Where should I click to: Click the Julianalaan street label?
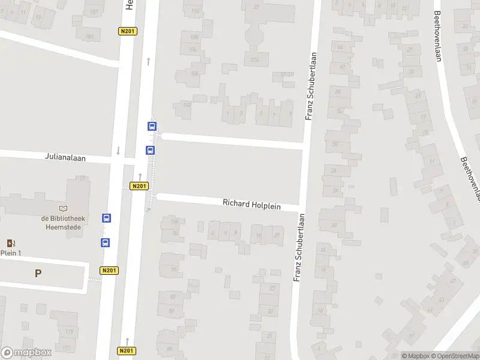[x=65, y=158]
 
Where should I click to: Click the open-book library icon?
[x=64, y=208]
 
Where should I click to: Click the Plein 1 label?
[x=11, y=253]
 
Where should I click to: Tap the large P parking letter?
[x=38, y=273]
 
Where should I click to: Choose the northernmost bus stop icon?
[x=152, y=127]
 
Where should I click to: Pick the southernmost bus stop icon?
[x=106, y=243]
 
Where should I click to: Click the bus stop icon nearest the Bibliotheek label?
[x=106, y=218]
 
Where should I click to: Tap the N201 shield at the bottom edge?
[x=125, y=351]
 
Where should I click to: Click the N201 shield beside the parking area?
[x=109, y=271]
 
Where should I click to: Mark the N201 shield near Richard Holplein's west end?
[x=139, y=186]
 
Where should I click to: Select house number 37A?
[x=255, y=60]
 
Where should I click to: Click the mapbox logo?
[x=25, y=353]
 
